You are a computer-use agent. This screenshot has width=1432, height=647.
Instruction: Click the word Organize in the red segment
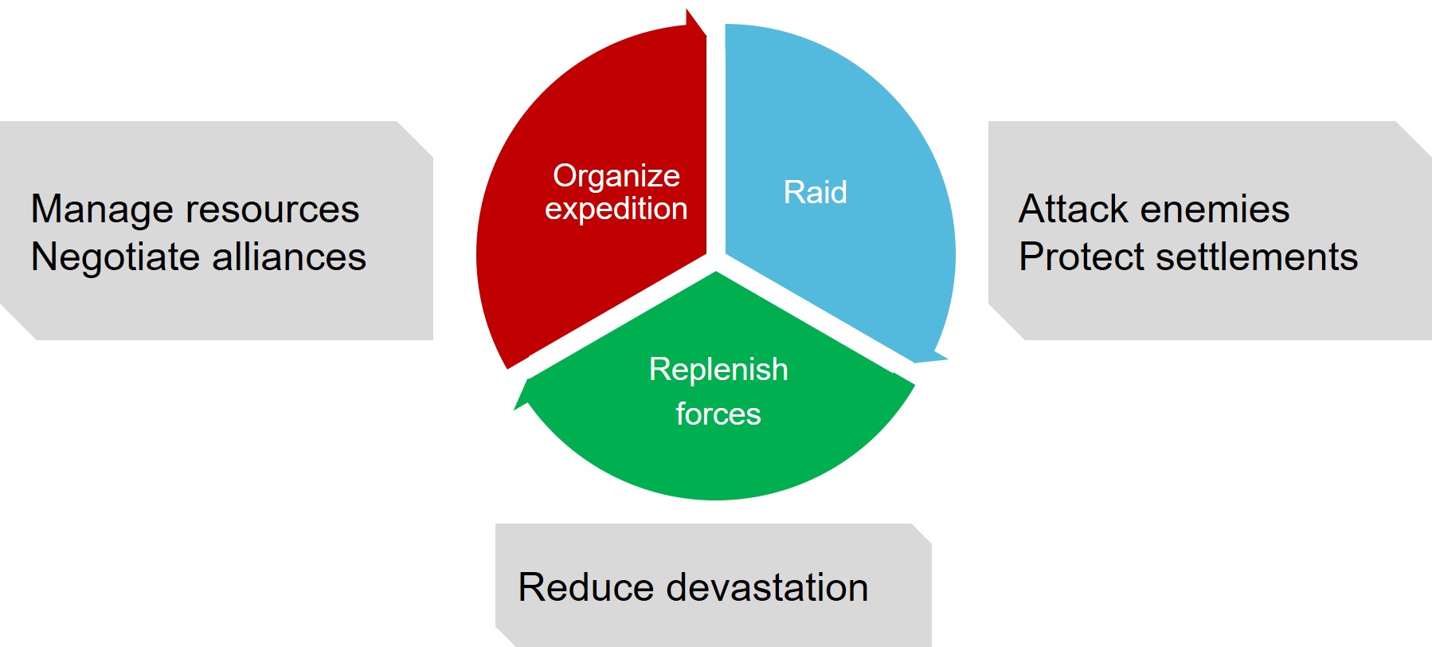tap(616, 177)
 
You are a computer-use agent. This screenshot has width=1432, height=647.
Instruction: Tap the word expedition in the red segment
tap(616, 209)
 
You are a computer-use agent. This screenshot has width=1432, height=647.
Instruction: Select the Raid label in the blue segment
tap(815, 192)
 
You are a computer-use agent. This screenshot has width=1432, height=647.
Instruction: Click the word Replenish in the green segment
tap(718, 370)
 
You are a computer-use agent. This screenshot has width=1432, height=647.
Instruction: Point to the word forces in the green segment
tap(718, 414)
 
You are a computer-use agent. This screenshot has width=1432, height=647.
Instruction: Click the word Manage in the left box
tap(102, 210)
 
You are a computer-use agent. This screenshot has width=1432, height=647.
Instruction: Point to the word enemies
tap(1215, 210)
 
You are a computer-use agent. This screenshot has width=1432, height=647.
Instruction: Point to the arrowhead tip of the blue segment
tap(947, 359)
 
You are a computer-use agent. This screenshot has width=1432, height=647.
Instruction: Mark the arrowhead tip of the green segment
tap(515, 410)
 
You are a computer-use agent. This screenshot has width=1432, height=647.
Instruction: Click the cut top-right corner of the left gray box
tap(415, 139)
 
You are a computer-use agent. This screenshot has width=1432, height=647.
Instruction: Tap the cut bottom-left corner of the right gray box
tap(1006, 323)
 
